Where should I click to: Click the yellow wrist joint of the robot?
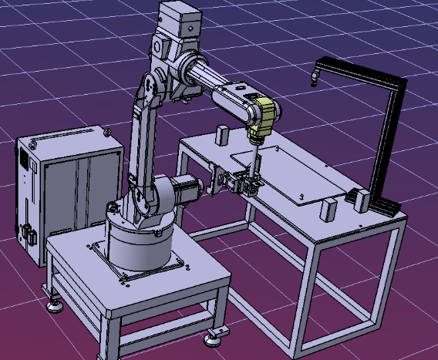point(264,116)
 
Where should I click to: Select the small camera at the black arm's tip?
point(315,76)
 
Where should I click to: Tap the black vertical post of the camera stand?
point(386,139)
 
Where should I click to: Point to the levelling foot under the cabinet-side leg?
point(55,306)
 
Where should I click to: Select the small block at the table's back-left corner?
point(222,136)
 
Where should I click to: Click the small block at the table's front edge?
point(329,209)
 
